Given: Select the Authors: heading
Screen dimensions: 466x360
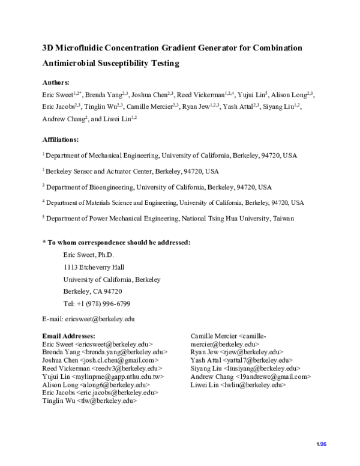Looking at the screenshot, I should [56, 82].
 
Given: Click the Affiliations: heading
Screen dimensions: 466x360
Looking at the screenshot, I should [60, 139].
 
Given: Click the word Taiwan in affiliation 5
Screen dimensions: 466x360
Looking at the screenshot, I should [280, 219].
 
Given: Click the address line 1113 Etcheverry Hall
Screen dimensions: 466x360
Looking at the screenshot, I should [94, 267].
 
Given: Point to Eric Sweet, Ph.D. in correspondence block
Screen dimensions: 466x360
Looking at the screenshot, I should [88, 255].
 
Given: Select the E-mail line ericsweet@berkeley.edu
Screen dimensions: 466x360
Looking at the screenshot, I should [88, 319].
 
